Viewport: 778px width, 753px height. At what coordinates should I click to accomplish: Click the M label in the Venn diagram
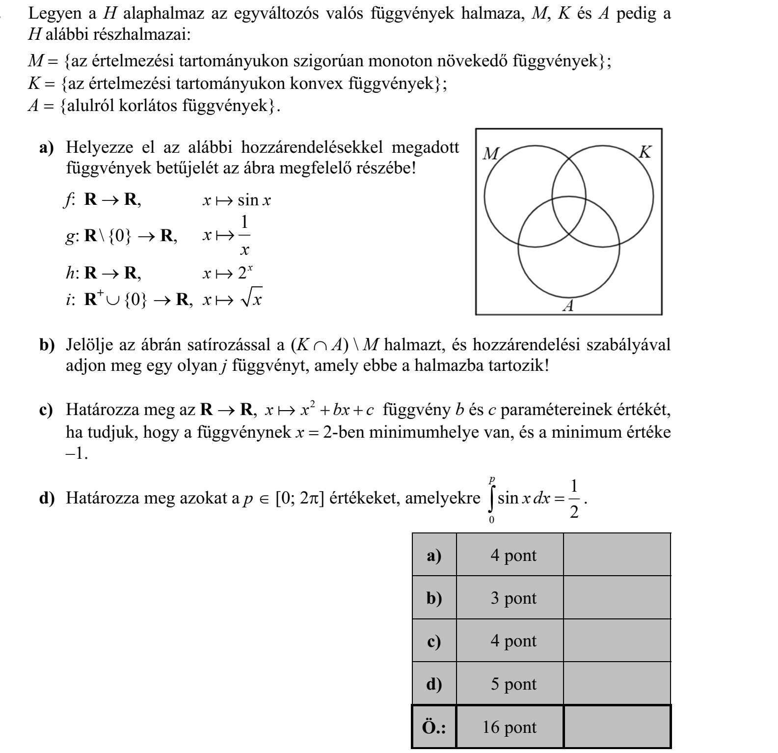[x=490, y=154]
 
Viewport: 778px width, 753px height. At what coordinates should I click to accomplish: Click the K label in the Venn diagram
[x=645, y=152]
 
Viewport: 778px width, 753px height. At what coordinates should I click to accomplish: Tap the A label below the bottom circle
[x=568, y=307]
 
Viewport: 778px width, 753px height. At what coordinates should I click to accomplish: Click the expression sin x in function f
[x=254, y=200]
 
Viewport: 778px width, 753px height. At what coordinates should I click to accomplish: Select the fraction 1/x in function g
[x=244, y=236]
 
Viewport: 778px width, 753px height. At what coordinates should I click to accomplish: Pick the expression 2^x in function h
[x=245, y=273]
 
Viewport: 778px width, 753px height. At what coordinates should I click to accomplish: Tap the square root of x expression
[x=250, y=298]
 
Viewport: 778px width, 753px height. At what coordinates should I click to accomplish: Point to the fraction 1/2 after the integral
[x=574, y=499]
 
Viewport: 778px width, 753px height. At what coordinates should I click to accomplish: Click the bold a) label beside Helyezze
[x=47, y=147]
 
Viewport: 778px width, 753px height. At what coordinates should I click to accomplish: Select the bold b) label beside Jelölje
[x=47, y=345]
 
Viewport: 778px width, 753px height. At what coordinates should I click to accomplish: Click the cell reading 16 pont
[x=510, y=727]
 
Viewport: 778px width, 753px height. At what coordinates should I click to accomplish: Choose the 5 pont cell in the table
[x=510, y=684]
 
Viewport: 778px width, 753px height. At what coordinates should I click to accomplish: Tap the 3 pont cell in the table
[x=510, y=598]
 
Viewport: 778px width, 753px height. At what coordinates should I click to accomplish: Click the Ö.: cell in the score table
[x=434, y=727]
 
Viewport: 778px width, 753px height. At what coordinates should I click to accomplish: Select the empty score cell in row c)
[x=617, y=641]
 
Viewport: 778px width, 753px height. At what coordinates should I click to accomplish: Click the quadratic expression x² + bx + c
[x=320, y=409]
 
